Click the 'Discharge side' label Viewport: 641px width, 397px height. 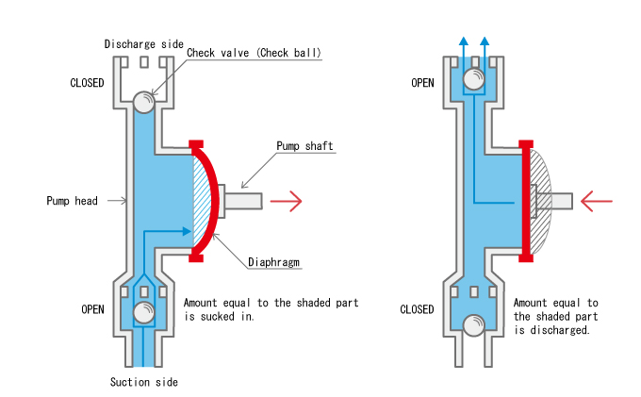pos(144,44)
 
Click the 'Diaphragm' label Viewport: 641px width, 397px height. pos(273,261)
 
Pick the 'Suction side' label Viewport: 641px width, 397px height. pos(143,382)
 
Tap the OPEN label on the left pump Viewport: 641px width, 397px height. pos(92,309)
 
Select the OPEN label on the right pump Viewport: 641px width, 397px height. pos(422,82)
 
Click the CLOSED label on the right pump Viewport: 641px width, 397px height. pos(417,309)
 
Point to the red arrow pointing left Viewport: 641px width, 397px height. pos(598,200)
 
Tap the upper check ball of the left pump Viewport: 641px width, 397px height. pos(144,100)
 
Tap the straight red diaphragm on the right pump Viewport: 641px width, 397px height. pos(525,200)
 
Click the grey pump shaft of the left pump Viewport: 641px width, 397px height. pos(241,200)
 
